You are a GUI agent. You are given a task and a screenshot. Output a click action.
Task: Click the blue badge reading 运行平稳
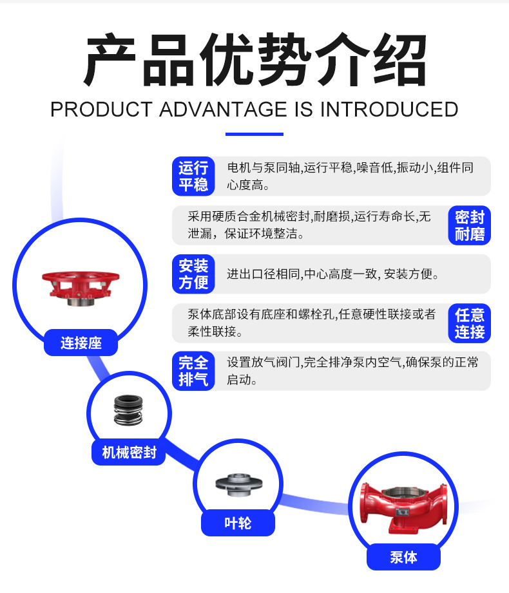[x=193, y=176]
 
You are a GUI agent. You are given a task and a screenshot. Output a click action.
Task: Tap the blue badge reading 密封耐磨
[x=469, y=225]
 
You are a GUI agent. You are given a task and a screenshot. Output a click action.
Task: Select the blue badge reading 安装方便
[x=193, y=274]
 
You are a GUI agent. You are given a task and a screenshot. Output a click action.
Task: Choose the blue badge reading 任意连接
[x=469, y=323]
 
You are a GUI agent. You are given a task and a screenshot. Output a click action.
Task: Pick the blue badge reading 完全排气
[x=193, y=371]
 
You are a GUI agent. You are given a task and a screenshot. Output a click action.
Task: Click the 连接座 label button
[x=81, y=343]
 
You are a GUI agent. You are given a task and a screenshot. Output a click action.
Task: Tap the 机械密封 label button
[x=129, y=452]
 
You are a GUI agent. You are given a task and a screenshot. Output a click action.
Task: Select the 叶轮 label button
[x=238, y=523]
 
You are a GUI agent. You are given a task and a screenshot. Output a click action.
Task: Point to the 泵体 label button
[x=403, y=557]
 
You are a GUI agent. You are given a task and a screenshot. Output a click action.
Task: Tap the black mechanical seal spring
[x=128, y=410]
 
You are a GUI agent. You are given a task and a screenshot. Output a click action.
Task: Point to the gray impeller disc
[x=239, y=484]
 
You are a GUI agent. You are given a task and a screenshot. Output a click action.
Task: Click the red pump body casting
[x=404, y=507]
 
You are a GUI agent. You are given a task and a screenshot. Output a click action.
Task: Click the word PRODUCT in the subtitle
[x=101, y=109]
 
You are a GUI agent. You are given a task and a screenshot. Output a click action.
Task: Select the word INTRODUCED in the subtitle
[x=389, y=109]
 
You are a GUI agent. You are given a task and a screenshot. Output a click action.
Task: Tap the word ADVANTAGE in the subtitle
[x=224, y=109]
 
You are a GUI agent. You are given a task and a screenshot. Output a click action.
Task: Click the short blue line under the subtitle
[x=254, y=135]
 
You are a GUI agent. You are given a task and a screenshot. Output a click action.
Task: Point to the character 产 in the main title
[x=110, y=60]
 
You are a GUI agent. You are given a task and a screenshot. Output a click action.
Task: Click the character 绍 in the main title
[x=399, y=60]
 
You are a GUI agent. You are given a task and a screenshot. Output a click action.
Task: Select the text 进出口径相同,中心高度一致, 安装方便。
[x=333, y=274]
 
